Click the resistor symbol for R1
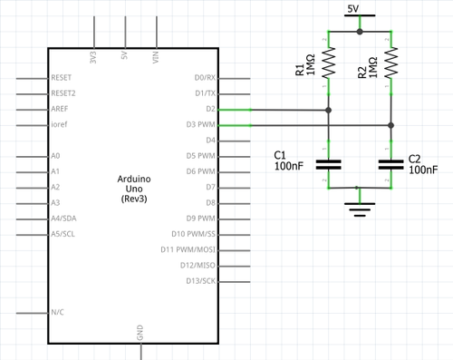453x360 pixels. coord(329,63)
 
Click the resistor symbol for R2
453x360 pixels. coord(390,63)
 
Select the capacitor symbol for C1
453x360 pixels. coord(329,164)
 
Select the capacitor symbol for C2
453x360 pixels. coord(390,164)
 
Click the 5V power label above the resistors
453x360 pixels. coord(360,9)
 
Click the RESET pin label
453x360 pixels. coord(63,78)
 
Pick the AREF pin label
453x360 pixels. coord(62,109)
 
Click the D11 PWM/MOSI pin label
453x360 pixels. coord(188,249)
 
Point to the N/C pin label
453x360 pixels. coord(59,312)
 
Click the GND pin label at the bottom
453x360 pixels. coord(140,332)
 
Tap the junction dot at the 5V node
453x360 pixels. coord(360,31)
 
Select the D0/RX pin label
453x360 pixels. coord(205,78)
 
